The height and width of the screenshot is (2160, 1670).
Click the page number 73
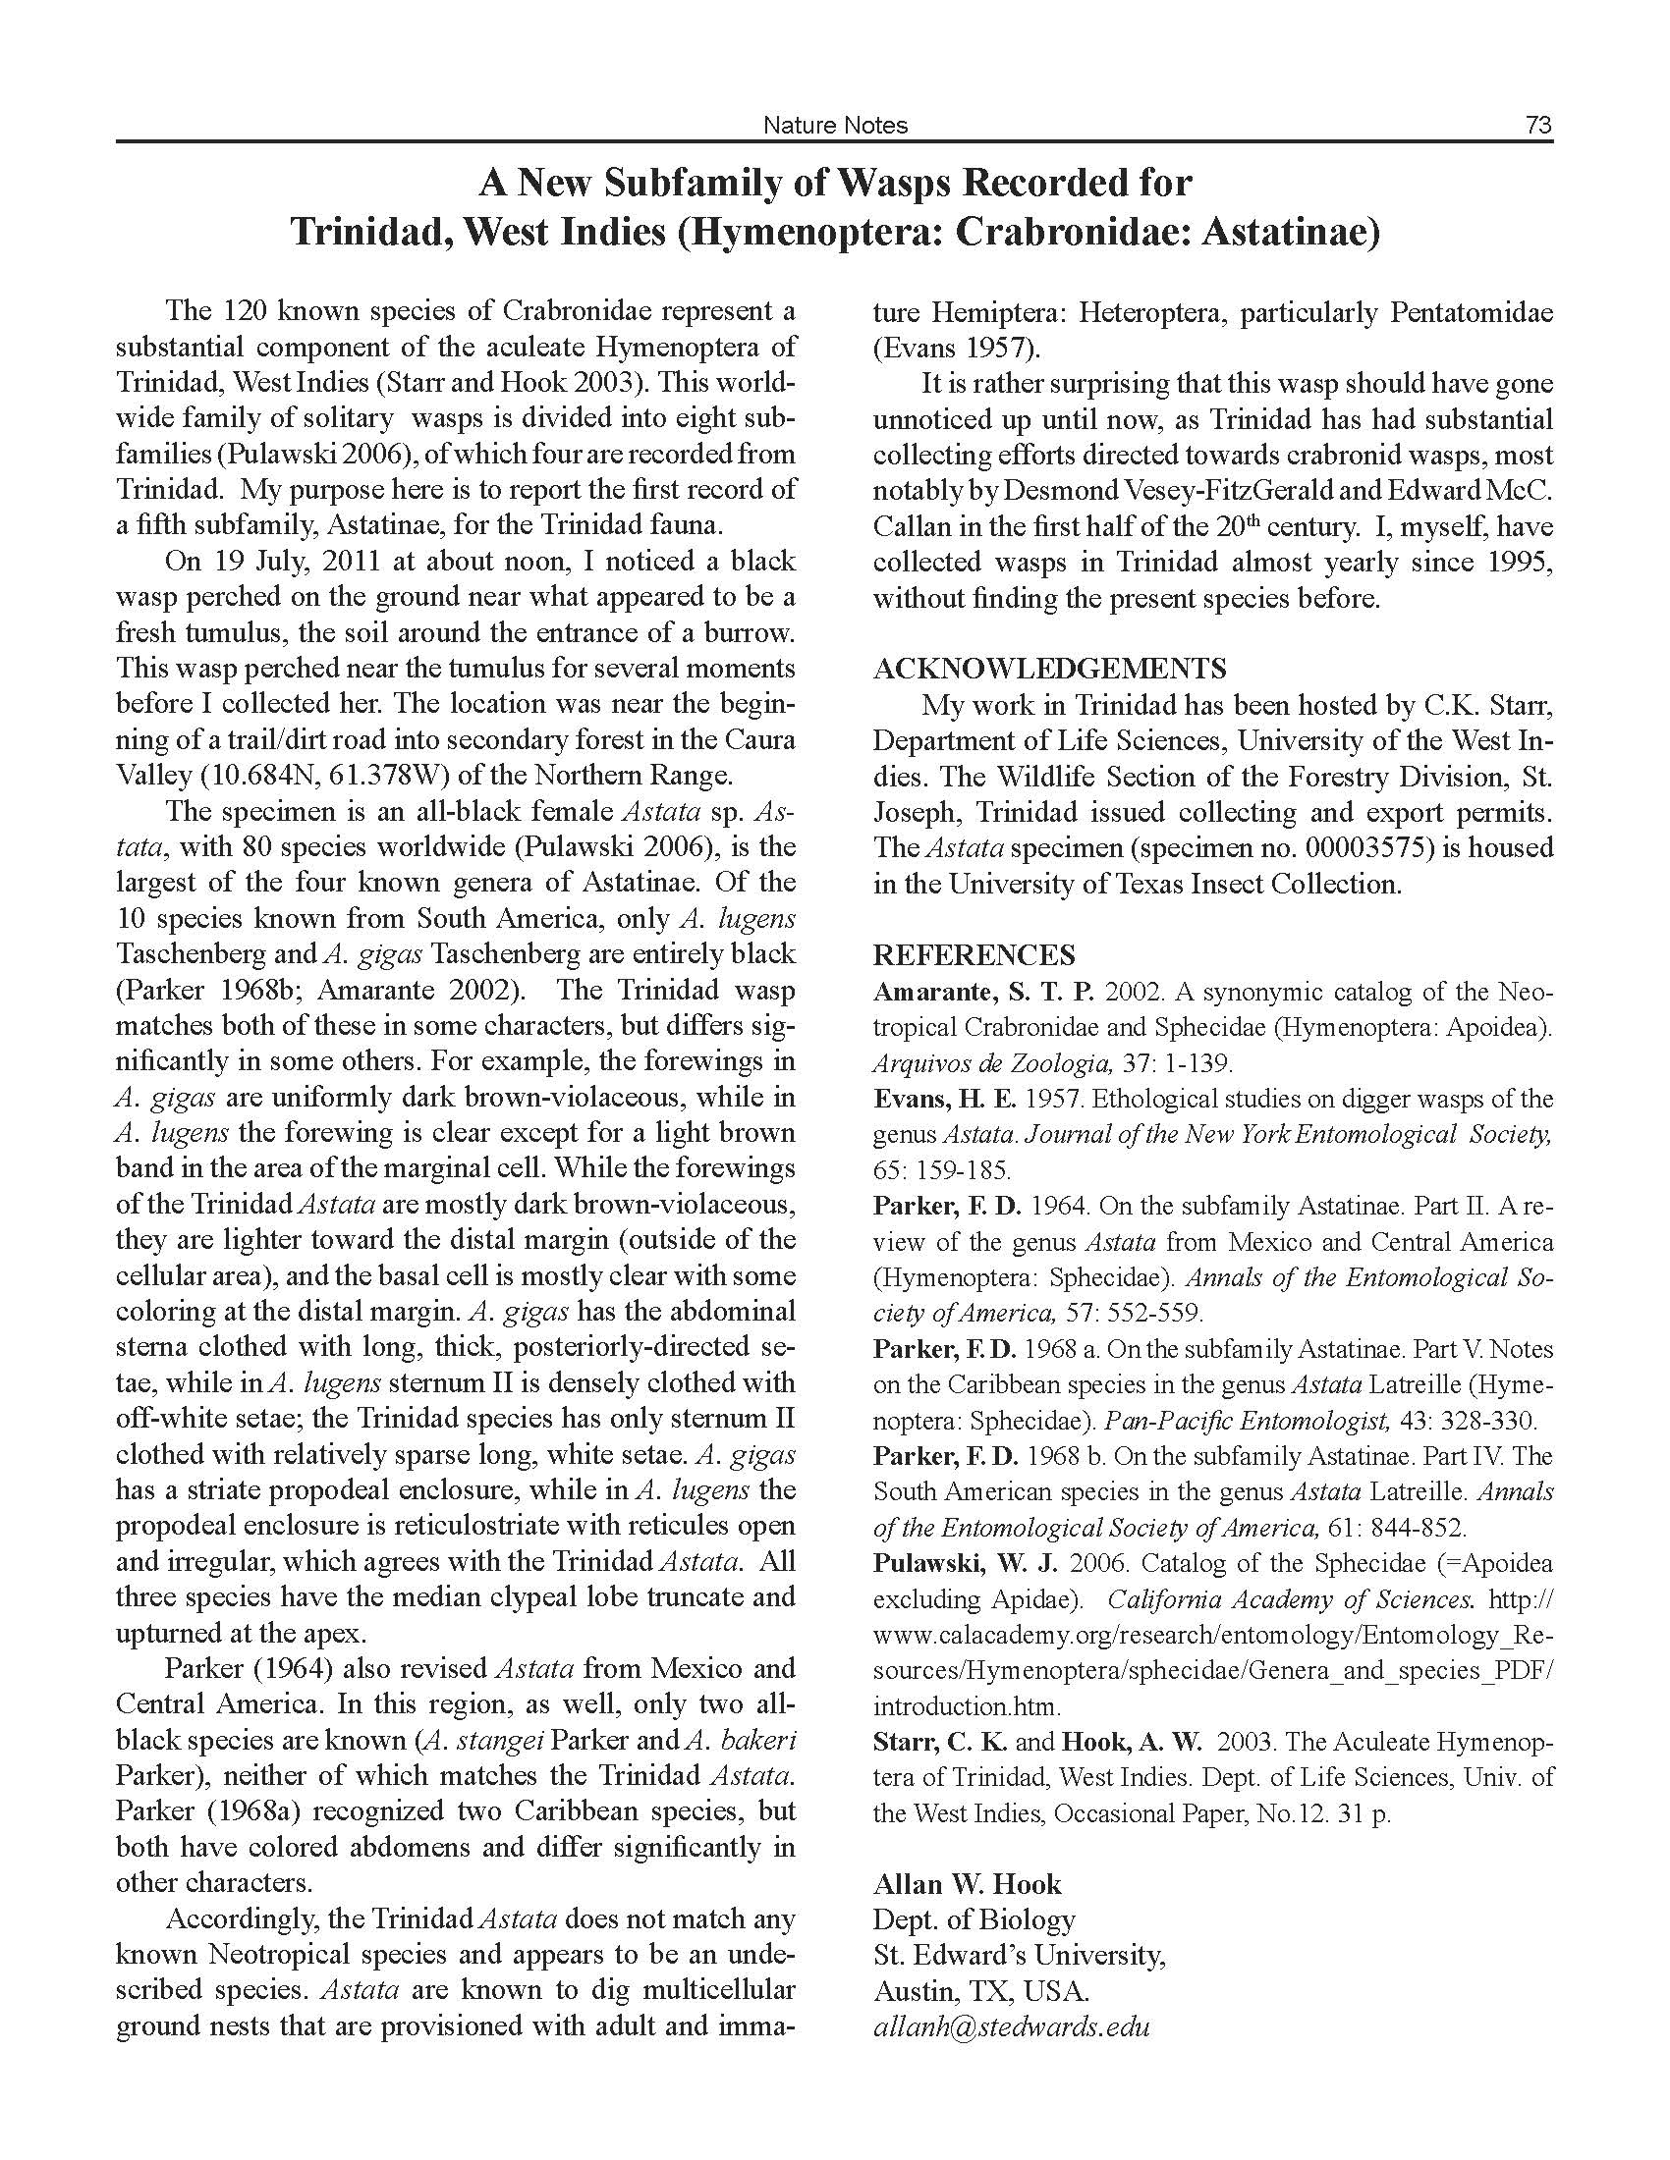pyautogui.click(x=1538, y=125)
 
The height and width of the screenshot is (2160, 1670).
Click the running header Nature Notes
pyautogui.click(x=835, y=125)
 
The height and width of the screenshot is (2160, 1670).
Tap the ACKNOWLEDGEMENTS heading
pyautogui.click(x=1049, y=669)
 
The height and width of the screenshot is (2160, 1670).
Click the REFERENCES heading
pyautogui.click(x=974, y=954)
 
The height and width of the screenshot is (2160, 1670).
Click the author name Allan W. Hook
pyautogui.click(x=967, y=1883)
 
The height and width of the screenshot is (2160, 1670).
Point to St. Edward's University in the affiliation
pyautogui.click(x=1017, y=1955)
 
